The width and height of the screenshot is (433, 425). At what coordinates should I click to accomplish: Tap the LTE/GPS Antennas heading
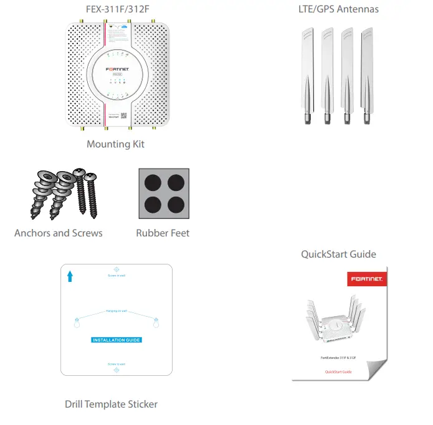pos(338,9)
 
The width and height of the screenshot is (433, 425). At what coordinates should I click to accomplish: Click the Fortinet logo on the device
pos(116,67)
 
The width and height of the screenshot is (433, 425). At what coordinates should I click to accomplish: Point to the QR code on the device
pos(123,116)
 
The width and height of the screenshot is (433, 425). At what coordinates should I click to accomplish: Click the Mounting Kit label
pos(115,144)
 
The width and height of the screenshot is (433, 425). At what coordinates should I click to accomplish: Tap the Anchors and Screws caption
pos(59,233)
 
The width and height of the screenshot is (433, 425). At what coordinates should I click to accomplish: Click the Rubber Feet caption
pos(163,233)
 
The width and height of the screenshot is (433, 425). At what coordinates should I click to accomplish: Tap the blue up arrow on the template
pos(70,276)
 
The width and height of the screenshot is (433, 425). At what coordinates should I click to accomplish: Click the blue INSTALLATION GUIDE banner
pos(117,340)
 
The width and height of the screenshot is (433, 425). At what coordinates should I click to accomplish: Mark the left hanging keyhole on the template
pos(77,324)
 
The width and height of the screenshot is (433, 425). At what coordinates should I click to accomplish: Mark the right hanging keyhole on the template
pos(156,324)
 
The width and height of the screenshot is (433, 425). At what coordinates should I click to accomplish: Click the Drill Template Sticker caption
pos(111,404)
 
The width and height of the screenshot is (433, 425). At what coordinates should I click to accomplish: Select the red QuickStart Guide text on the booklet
pos(338,371)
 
